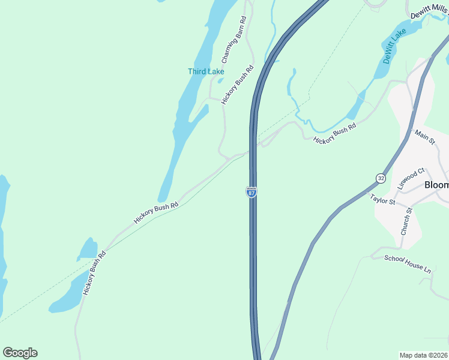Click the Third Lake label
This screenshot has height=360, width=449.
[x=206, y=71]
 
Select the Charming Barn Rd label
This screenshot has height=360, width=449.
[x=234, y=40]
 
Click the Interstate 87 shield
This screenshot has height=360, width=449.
[x=252, y=192]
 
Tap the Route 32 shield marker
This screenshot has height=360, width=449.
[x=381, y=178]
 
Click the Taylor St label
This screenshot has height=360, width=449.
[x=382, y=200]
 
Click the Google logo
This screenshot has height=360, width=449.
[x=20, y=353]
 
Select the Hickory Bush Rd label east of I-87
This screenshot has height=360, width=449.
[x=334, y=132]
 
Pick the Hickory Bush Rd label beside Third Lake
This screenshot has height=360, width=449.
[x=238, y=85]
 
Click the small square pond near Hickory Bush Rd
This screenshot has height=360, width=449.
[x=88, y=248]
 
